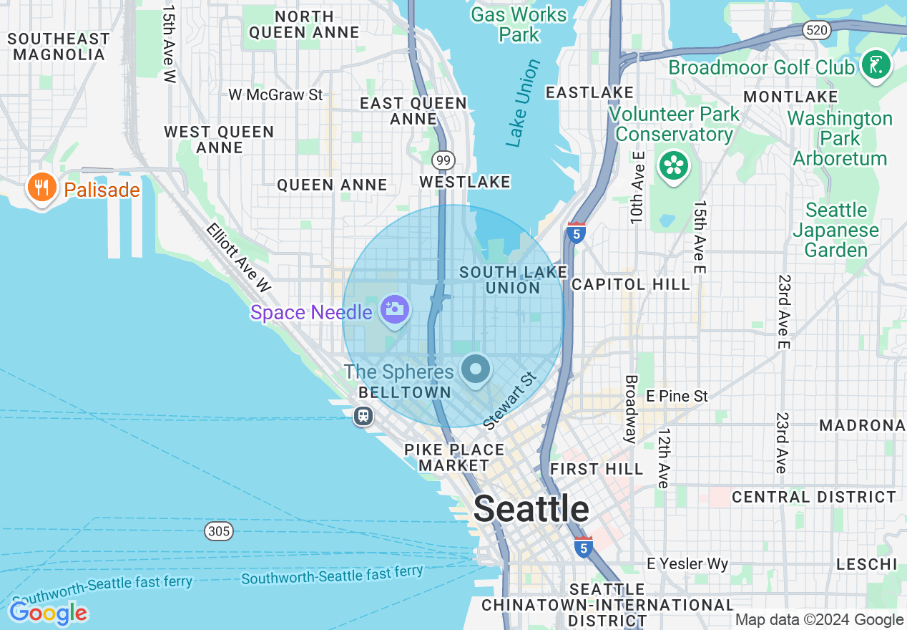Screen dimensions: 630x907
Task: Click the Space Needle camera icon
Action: (395, 310)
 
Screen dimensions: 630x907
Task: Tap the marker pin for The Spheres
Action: (476, 370)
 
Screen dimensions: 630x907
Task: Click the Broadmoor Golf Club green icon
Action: (876, 66)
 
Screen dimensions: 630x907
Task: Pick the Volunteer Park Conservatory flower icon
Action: (673, 166)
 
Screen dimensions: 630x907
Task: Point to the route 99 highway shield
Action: (443, 160)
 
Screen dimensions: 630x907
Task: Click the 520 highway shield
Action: (815, 30)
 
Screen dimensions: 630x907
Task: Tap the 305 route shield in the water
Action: (218, 530)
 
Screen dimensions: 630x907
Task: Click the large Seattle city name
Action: (531, 509)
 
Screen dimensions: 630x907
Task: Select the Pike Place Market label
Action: (454, 457)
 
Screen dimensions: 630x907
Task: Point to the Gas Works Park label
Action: (519, 24)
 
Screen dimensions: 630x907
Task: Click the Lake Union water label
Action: (523, 104)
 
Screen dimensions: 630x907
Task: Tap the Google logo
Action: (48, 613)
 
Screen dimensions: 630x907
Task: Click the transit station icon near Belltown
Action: (363, 416)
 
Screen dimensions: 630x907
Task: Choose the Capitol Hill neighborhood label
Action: (631, 284)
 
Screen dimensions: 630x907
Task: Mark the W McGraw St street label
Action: (275, 94)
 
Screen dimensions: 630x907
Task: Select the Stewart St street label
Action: (509, 401)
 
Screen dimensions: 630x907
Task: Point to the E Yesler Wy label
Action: (687, 564)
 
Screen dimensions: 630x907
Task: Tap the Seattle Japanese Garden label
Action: (835, 230)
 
